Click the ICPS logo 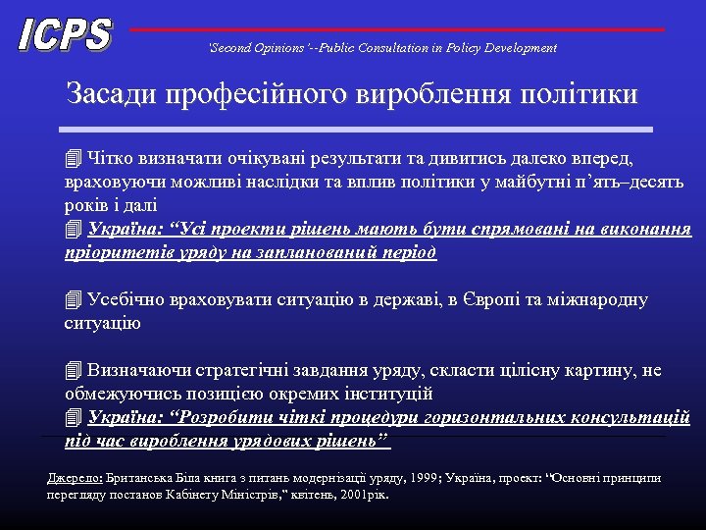tap(65, 34)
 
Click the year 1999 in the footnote tap(425, 478)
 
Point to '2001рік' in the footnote tap(365, 495)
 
